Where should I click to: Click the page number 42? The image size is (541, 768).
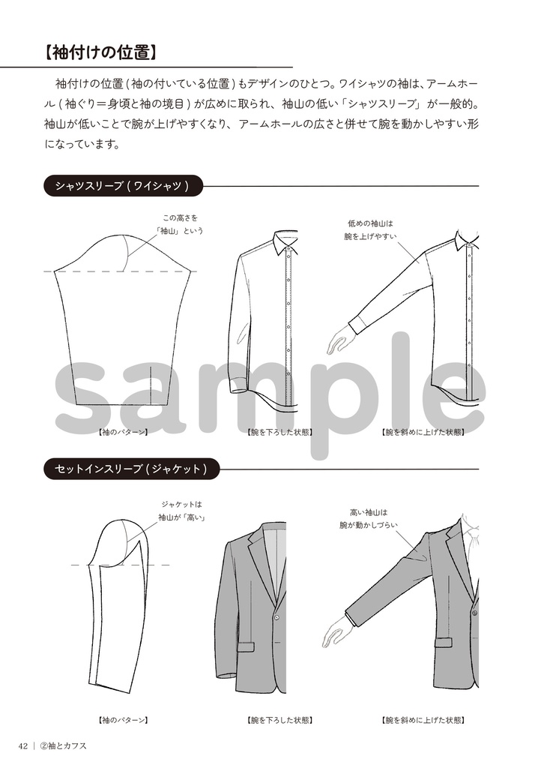[24, 745]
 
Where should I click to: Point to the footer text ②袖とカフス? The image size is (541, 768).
[64, 745]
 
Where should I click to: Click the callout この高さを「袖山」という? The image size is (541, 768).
[179, 224]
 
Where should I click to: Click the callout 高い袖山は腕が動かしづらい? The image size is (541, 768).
[368, 519]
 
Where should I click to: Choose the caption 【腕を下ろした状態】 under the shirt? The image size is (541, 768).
[279, 432]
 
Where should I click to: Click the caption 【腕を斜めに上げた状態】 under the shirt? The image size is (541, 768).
[423, 432]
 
